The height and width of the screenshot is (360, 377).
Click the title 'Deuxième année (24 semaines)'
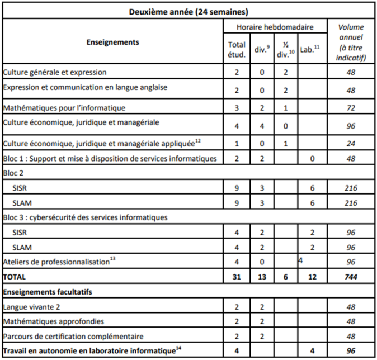[x=189, y=11]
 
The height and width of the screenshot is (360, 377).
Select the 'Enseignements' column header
[x=114, y=42]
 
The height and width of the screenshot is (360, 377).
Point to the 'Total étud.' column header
[x=237, y=49]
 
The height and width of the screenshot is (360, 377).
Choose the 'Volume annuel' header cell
[x=351, y=42]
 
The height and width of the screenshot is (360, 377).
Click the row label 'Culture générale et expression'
[x=55, y=72]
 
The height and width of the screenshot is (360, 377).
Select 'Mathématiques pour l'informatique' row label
[x=64, y=107]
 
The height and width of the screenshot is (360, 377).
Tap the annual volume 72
[x=351, y=107]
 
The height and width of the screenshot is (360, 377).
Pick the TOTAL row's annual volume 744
[x=351, y=276]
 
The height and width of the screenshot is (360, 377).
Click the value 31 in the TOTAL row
[x=237, y=276]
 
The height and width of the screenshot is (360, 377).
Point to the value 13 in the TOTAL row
[x=261, y=276]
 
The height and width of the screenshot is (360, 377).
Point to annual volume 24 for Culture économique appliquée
[x=351, y=143]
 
